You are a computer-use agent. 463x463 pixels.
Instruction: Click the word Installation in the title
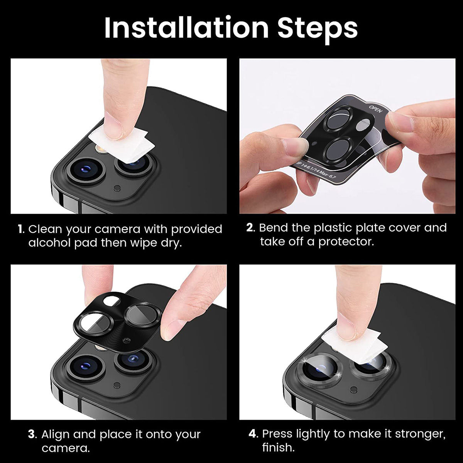click(186, 28)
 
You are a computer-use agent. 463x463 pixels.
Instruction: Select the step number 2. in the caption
click(251, 228)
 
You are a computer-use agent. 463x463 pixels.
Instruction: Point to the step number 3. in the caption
click(33, 434)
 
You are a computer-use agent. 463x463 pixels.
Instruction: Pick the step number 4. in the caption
click(253, 434)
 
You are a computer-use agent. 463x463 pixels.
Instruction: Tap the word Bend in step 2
click(274, 228)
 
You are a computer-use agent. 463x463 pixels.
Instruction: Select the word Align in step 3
click(56, 434)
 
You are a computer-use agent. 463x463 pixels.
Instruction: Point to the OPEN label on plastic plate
click(375, 109)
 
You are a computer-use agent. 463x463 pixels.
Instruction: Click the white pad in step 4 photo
click(353, 345)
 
